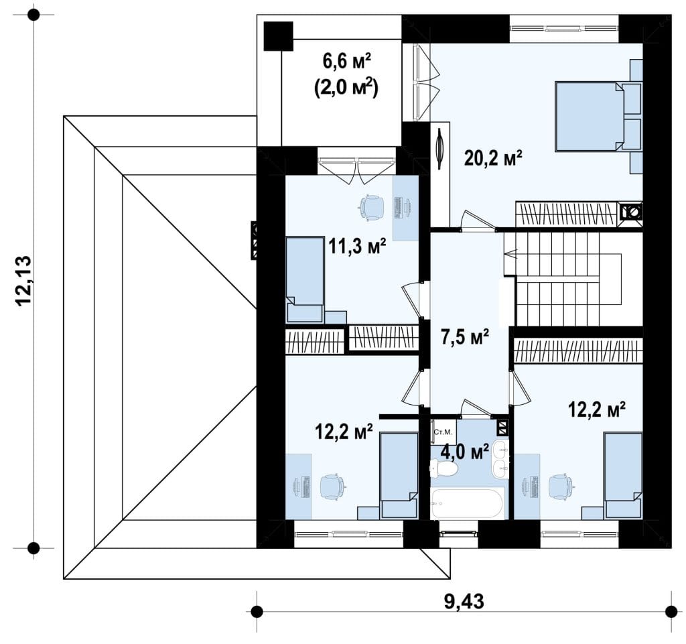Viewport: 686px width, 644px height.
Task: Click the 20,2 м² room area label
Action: pyautogui.click(x=493, y=158)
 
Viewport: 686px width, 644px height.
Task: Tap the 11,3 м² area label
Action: pyautogui.click(x=358, y=247)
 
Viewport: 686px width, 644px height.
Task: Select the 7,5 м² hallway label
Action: pyautogui.click(x=465, y=337)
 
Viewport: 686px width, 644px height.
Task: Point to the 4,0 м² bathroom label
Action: pyautogui.click(x=465, y=452)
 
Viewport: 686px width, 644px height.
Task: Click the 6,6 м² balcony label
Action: pyautogui.click(x=347, y=62)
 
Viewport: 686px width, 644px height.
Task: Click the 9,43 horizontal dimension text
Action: pyautogui.click(x=464, y=602)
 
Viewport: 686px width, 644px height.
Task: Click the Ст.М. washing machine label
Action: pyautogui.click(x=443, y=432)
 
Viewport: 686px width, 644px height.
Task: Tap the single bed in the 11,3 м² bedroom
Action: pyautogui.click(x=305, y=280)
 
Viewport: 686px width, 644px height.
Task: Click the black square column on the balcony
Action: pyautogui.click(x=278, y=36)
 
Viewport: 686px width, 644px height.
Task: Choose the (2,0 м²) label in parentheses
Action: pyautogui.click(x=346, y=88)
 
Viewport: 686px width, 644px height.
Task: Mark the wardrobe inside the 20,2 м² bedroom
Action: pyautogui.click(x=566, y=214)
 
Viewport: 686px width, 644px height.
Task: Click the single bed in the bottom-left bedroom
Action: pyautogui.click(x=399, y=476)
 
